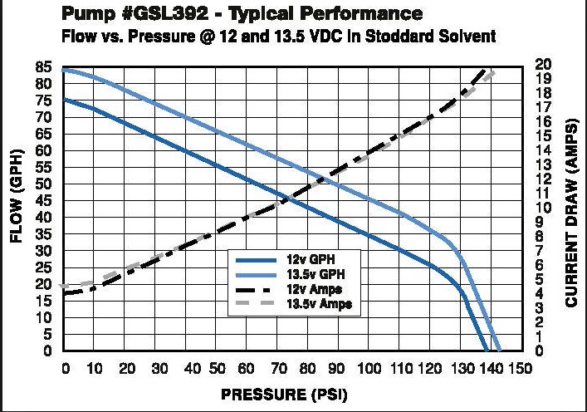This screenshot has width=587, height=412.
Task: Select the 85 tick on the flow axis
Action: point(48,67)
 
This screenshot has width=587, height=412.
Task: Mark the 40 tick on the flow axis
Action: point(48,218)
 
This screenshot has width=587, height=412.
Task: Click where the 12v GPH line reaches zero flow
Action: point(487,351)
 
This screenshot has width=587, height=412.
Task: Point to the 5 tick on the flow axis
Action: point(51,334)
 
